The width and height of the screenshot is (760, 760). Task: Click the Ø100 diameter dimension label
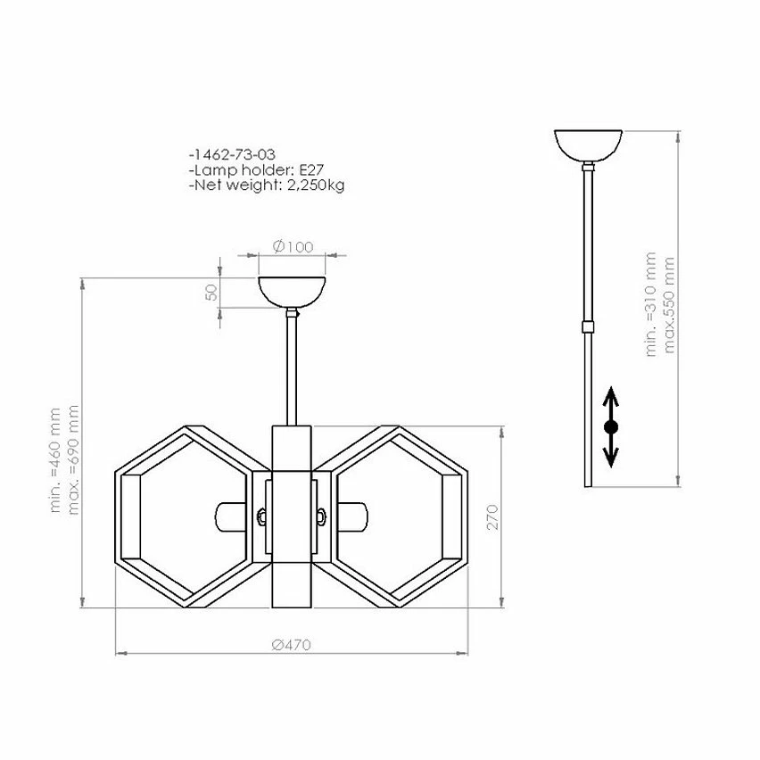(293, 247)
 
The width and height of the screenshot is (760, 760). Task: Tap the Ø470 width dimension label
(291, 645)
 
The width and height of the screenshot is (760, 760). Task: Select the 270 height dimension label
(492, 517)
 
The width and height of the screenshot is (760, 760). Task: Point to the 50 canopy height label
(211, 293)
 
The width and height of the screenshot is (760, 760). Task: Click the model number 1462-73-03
(233, 154)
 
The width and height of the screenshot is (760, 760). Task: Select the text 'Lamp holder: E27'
(256, 169)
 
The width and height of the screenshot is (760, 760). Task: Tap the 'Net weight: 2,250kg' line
(267, 185)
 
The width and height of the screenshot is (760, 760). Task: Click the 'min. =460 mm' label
(55, 460)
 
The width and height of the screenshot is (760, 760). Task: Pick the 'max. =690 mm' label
(73, 460)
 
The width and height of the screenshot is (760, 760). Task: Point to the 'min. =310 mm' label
(650, 304)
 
